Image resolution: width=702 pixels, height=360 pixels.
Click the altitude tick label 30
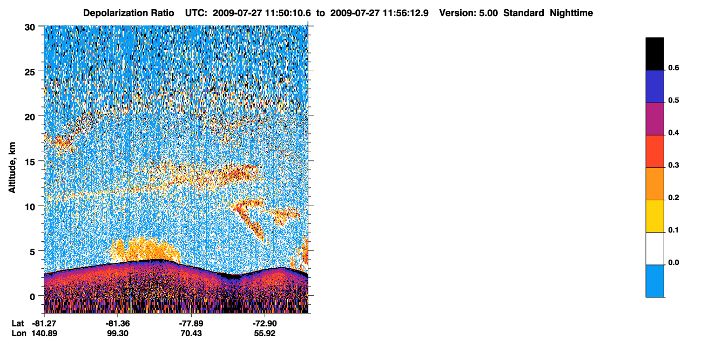pos(30,28)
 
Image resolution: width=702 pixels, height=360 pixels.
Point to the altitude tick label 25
pos(30,72)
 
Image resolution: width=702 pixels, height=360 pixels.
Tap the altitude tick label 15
pos(30,162)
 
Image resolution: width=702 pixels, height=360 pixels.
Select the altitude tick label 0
pos(32,297)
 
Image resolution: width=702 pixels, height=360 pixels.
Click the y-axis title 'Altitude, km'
pos(12,167)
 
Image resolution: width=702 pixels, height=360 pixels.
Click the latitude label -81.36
pos(118,323)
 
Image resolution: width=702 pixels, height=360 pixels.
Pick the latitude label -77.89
pos(191,323)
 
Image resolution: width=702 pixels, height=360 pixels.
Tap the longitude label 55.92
pos(265,334)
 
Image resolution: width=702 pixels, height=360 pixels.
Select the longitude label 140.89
pos(44,334)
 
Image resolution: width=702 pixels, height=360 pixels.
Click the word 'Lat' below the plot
pos(18,323)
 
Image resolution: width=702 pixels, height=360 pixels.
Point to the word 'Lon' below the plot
pos(19,334)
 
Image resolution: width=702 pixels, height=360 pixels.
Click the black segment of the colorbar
pos(654,54)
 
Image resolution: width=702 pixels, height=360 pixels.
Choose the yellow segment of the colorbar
pos(654,216)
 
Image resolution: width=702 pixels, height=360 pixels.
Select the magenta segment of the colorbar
pos(654,119)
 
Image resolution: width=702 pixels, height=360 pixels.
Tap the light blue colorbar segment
pos(654,281)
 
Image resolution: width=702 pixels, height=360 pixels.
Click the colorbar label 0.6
pos(673,68)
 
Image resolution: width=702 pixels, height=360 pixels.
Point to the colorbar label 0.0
pos(673,262)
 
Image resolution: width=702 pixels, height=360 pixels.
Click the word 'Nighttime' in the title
pos(571,13)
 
